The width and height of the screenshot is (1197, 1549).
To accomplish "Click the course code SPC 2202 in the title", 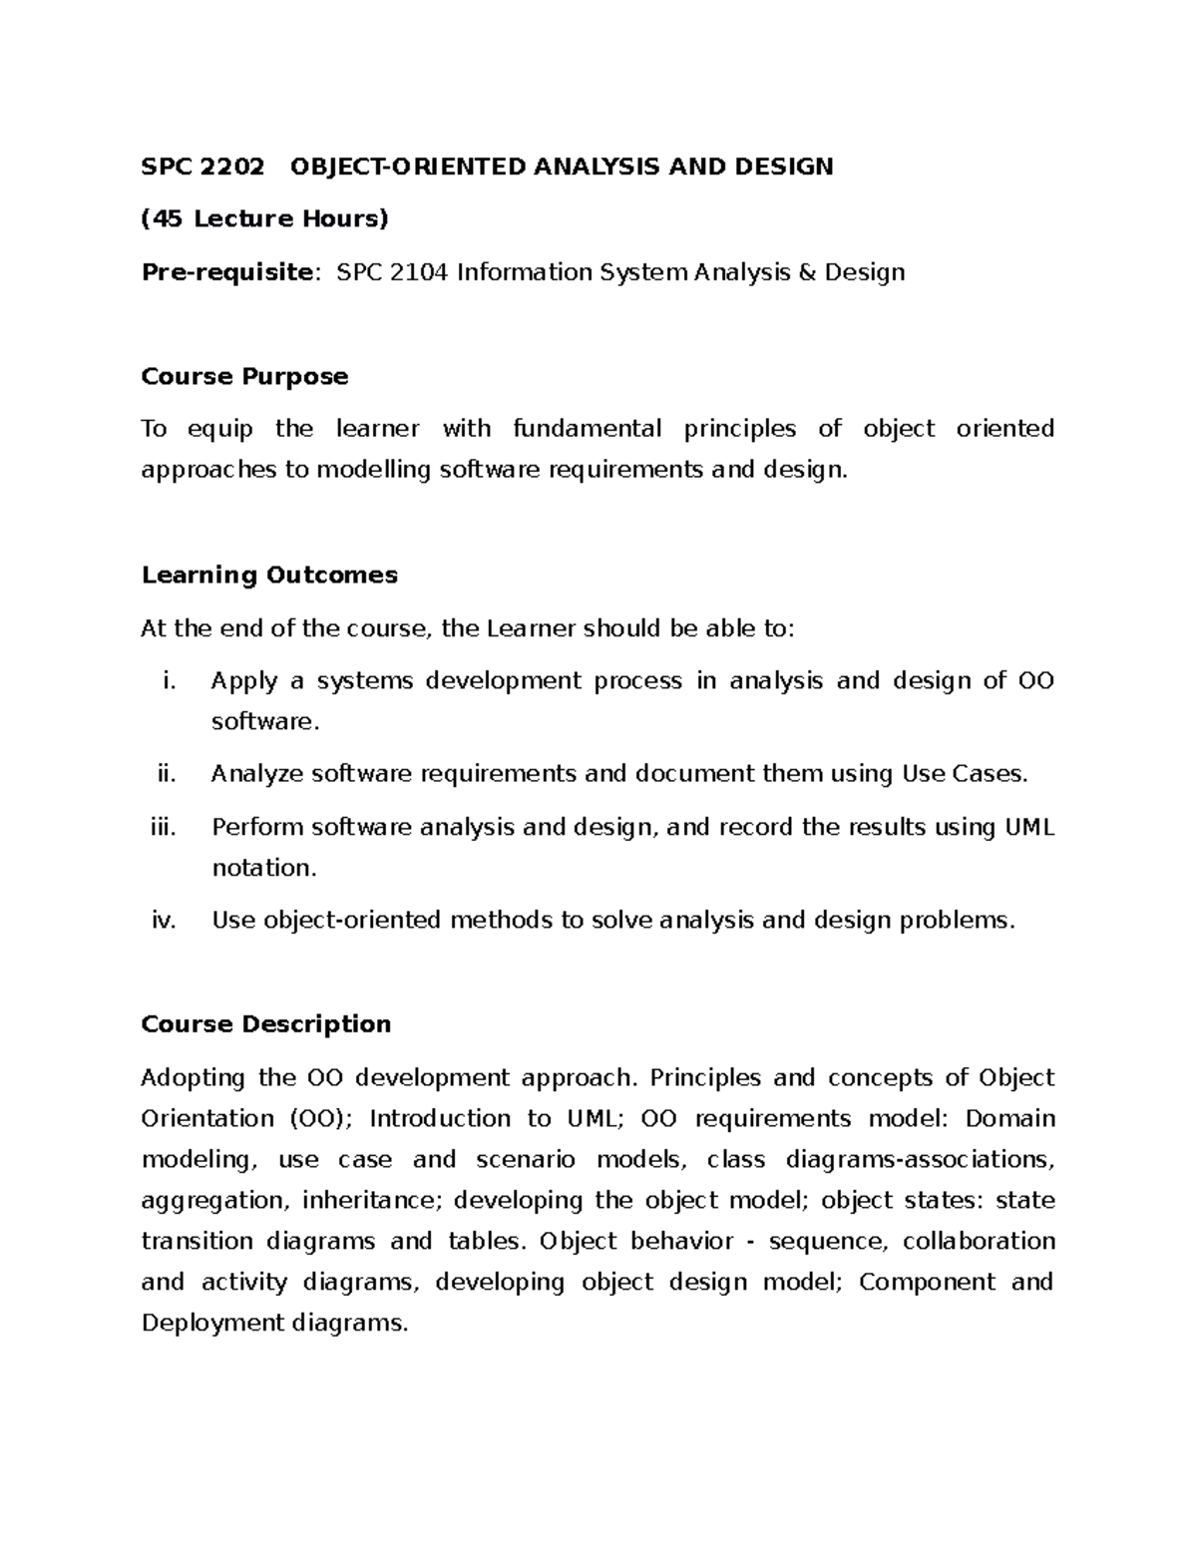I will pyautogui.click(x=203, y=167).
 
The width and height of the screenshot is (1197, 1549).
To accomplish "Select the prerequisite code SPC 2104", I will pyautogui.click(x=393, y=272).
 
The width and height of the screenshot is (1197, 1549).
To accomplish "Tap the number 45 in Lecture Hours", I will pyautogui.click(x=169, y=219).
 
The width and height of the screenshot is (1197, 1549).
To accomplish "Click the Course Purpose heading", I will pyautogui.click(x=244, y=377).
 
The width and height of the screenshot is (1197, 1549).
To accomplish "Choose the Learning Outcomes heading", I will pyautogui.click(x=269, y=576).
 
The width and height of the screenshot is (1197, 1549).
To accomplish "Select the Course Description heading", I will pyautogui.click(x=266, y=1024).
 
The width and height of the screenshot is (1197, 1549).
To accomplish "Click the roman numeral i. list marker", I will pyautogui.click(x=168, y=681).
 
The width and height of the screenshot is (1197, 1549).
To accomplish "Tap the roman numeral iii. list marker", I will pyautogui.click(x=162, y=828).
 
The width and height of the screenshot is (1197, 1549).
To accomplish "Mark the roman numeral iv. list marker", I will pyautogui.click(x=164, y=921).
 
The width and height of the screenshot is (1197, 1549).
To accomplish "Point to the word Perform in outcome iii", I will pyautogui.click(x=257, y=828).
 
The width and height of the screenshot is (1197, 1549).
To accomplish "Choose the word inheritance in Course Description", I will pyautogui.click(x=368, y=1201).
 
